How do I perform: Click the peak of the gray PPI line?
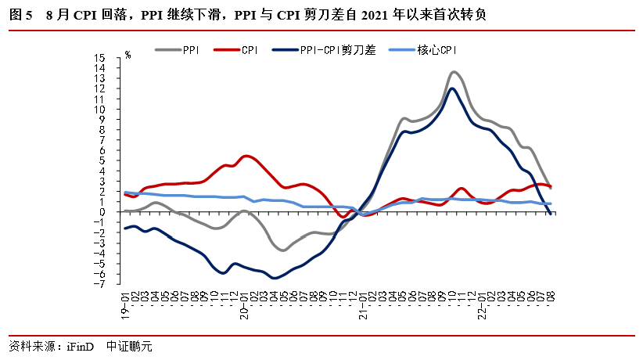pyautogui.click(x=454, y=72)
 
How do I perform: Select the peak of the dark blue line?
pyautogui.click(x=452, y=88)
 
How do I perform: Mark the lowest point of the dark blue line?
pyautogui.click(x=275, y=278)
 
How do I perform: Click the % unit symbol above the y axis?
pyautogui.click(x=128, y=56)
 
